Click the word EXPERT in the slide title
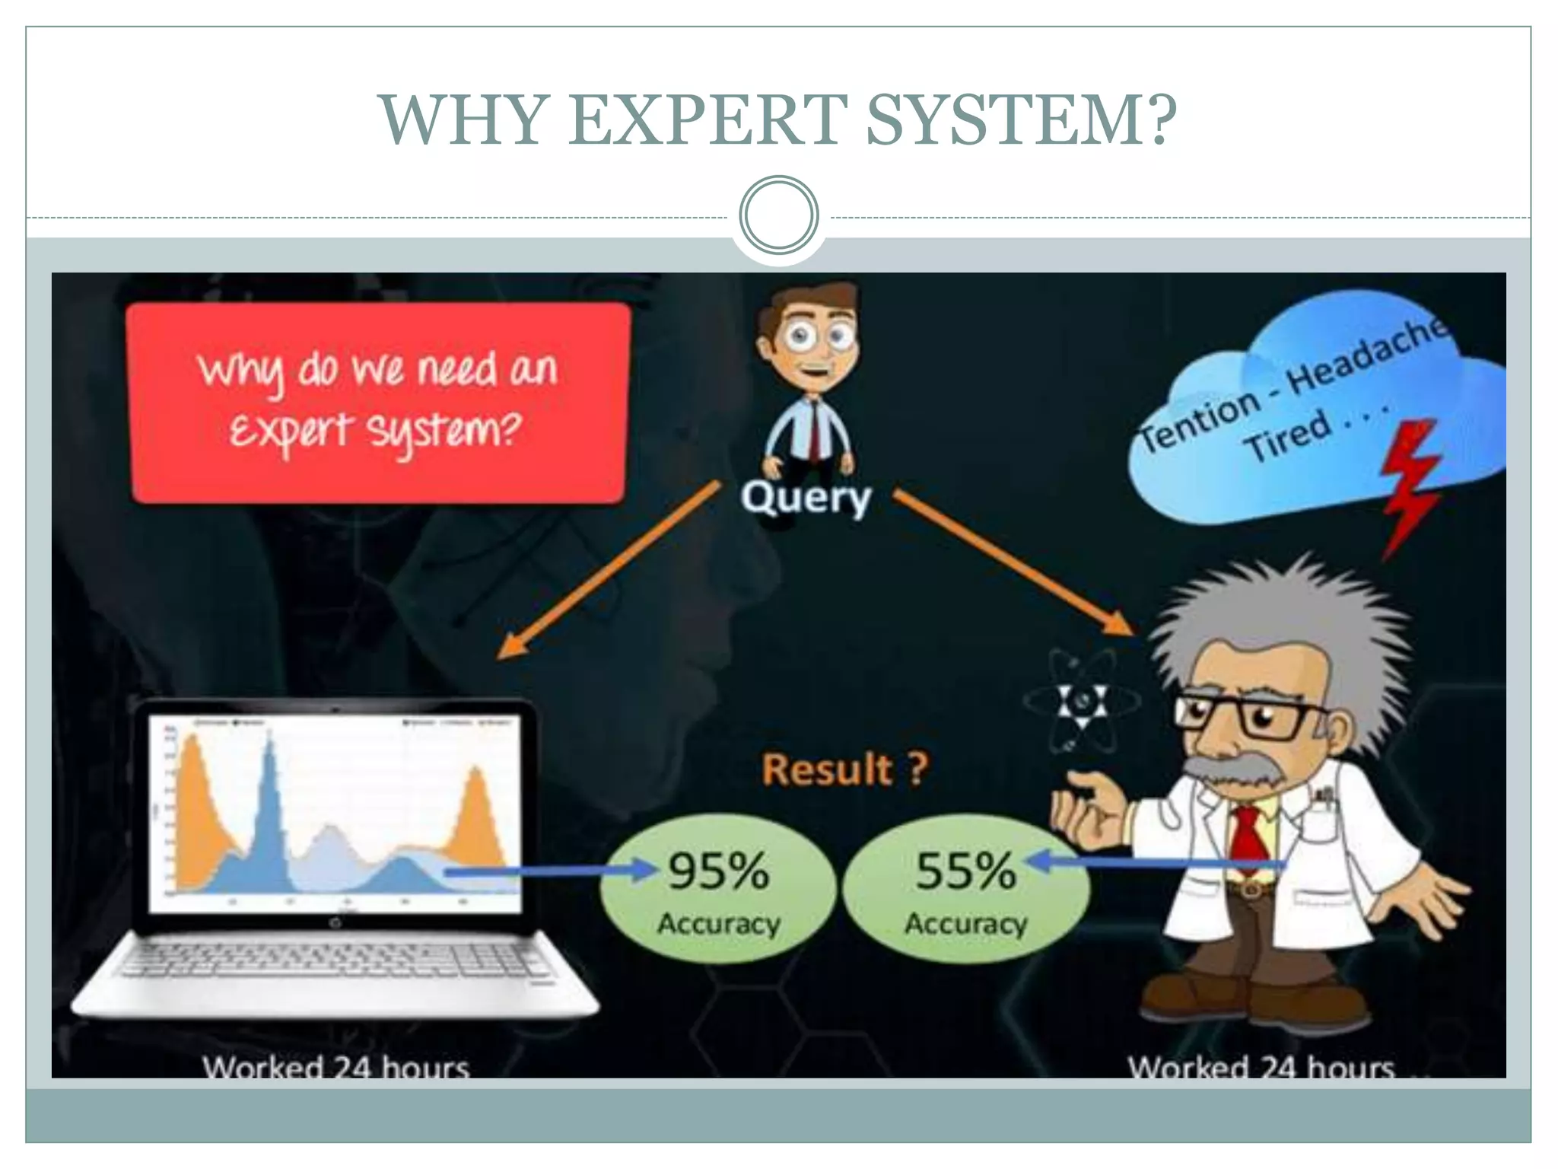[707, 119]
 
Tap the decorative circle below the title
[778, 215]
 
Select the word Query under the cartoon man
[806, 498]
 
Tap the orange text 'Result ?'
[844, 769]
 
